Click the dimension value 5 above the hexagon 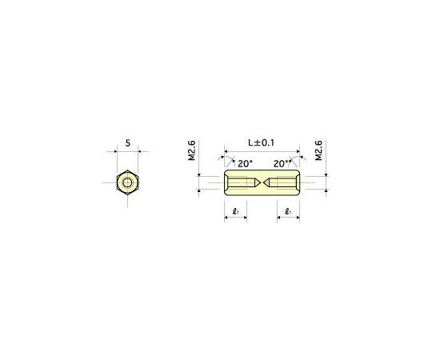pos(127,144)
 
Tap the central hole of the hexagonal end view pos(127,183)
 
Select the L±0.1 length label pos(261,142)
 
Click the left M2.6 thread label pos(192,151)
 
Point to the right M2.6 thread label pos(318,151)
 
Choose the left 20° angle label pos(246,163)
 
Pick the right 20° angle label pos(280,163)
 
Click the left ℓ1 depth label pos(235,212)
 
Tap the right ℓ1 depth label pos(288,212)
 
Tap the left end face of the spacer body pos(225,183)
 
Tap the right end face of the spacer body pos(299,183)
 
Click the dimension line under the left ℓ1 pos(235,220)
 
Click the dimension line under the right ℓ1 pos(288,220)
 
